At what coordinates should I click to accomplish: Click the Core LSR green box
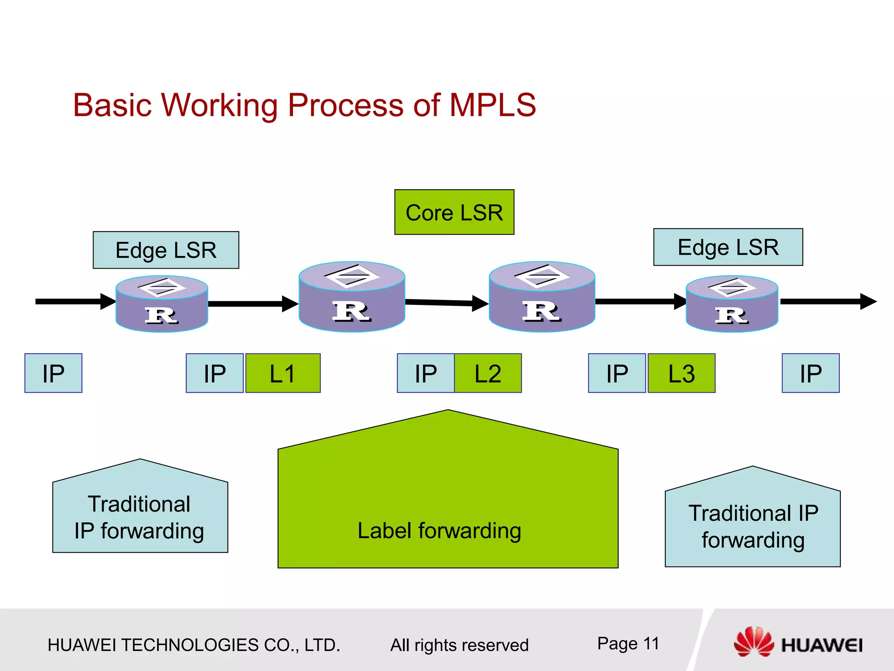point(454,212)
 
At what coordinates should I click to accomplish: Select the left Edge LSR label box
point(166,250)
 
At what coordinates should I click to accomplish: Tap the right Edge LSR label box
point(728,247)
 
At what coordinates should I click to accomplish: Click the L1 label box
point(283,373)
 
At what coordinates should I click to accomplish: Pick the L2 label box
point(488,373)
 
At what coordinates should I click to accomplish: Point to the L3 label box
point(681,373)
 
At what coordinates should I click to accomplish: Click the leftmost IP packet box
point(53,373)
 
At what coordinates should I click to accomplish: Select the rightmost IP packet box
point(811,373)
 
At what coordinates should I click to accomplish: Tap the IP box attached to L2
point(426,373)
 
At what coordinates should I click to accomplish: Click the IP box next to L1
point(214,373)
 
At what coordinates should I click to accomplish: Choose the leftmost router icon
point(162,304)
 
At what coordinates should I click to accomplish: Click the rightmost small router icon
point(732,304)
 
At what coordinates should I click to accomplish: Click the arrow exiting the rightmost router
point(827,301)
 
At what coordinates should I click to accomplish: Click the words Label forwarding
point(439,531)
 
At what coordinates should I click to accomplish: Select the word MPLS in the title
point(492,105)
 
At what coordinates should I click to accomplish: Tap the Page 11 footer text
point(628,643)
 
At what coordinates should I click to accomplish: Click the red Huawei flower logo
point(753,641)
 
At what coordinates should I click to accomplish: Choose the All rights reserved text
point(459,645)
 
